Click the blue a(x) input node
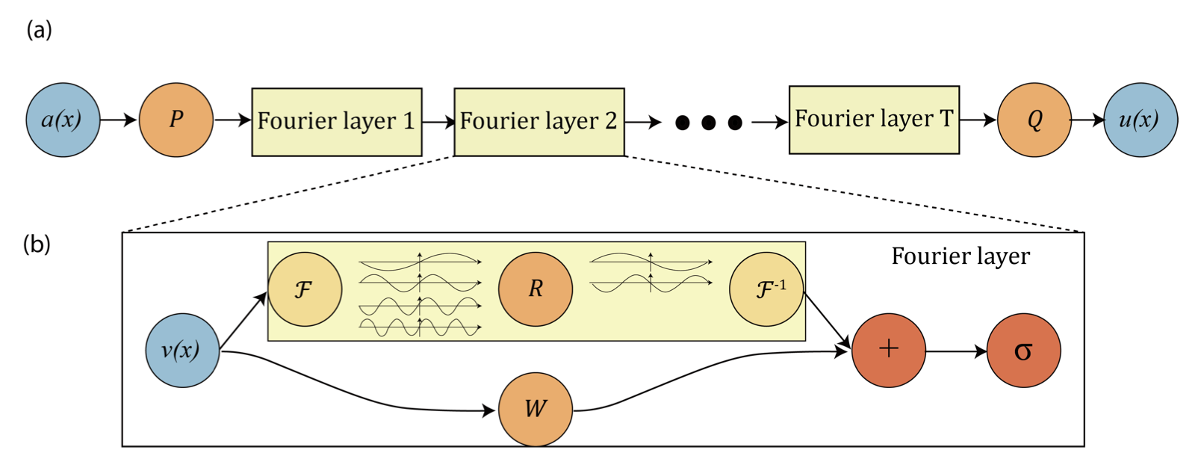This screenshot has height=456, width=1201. [63, 120]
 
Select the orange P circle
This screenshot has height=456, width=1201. [176, 120]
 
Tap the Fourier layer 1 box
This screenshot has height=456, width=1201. [337, 122]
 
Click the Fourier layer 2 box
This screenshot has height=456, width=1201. [539, 122]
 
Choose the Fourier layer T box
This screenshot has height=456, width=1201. [874, 120]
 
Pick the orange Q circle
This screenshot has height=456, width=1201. [1034, 120]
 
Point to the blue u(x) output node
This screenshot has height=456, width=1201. [1141, 120]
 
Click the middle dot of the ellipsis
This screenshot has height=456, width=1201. [709, 122]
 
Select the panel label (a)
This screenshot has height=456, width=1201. [39, 30]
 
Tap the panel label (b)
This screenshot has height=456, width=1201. [37, 244]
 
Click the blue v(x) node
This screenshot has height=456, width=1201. [182, 350]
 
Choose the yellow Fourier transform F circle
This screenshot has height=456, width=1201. [305, 289]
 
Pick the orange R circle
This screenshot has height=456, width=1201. [536, 289]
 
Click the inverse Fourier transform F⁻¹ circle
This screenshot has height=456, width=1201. [766, 289]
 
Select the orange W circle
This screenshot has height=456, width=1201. [536, 409]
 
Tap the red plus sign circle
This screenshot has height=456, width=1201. [889, 350]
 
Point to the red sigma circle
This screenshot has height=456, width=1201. [1023, 350]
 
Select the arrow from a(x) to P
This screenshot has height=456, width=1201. [119, 120]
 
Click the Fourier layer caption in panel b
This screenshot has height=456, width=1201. [961, 256]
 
